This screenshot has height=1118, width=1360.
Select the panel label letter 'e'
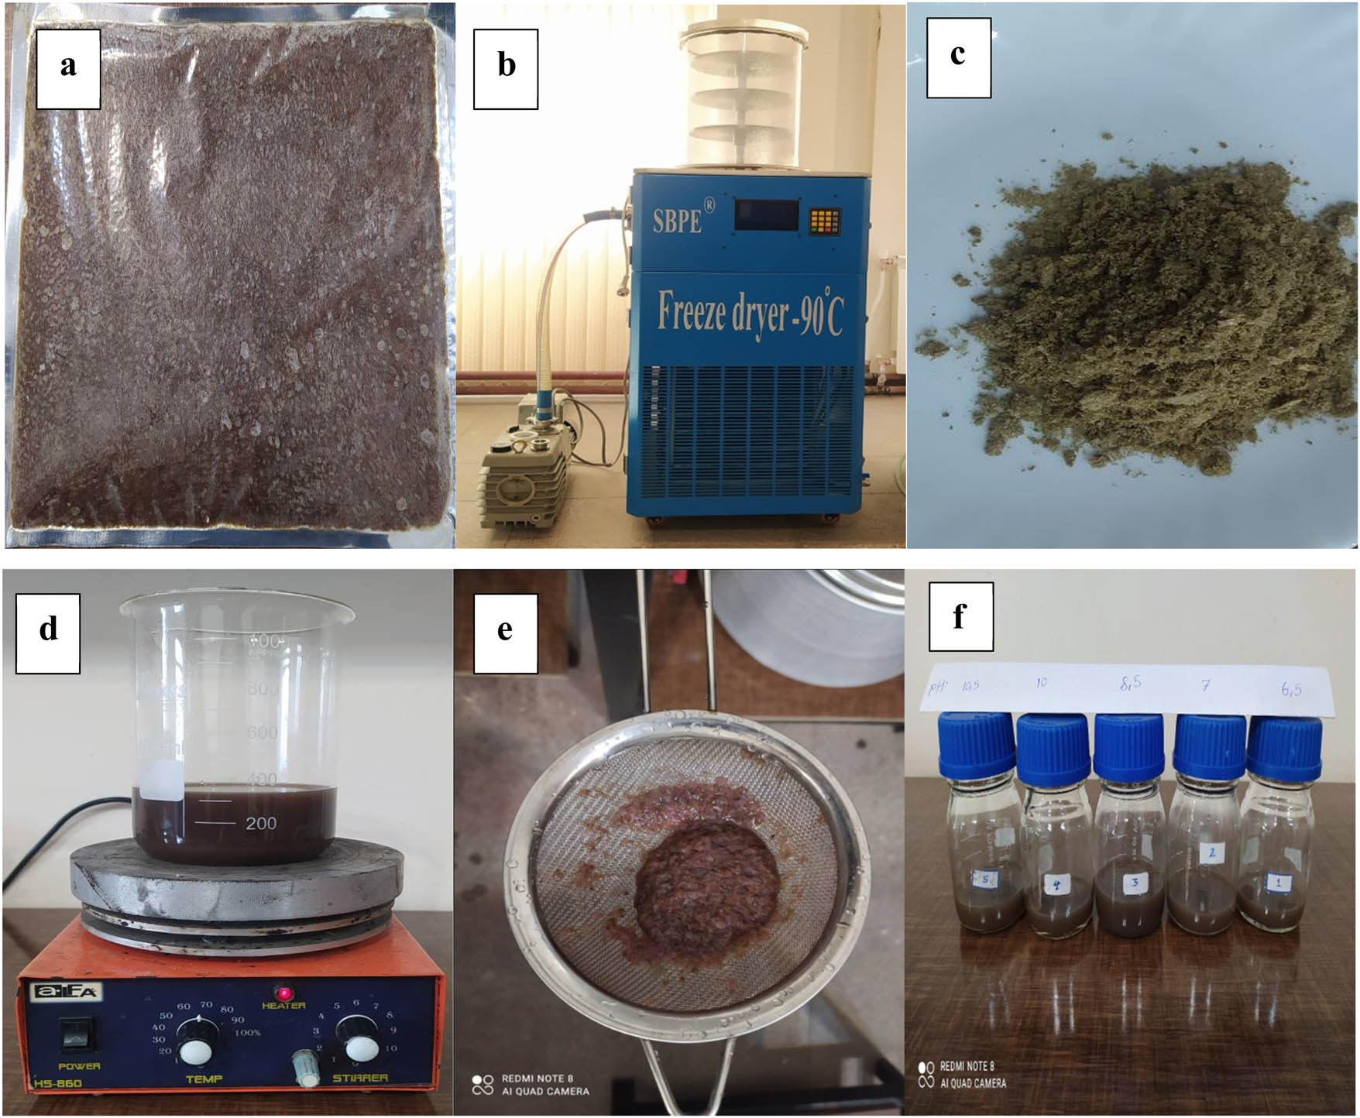pos(505,630)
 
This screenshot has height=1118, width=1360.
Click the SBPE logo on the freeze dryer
pos(677,221)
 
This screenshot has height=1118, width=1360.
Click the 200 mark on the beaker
pos(260,824)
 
